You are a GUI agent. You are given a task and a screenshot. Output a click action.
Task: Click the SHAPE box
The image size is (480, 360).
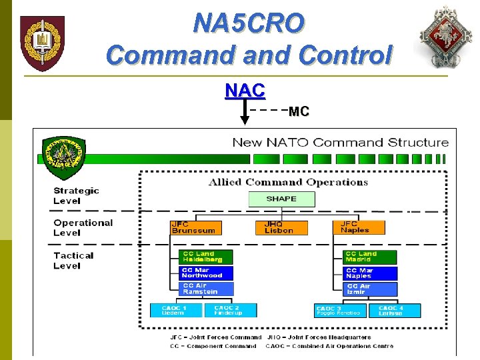(281, 199)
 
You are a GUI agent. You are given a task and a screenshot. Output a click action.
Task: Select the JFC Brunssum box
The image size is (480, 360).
(195, 227)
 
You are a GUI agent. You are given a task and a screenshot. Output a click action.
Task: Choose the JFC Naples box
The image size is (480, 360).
(359, 227)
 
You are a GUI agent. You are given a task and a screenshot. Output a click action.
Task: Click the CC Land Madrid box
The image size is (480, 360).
(370, 257)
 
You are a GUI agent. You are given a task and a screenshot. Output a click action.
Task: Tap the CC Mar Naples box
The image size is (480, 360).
(370, 273)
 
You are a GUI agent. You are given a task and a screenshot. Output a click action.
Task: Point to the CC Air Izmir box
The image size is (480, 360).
(370, 289)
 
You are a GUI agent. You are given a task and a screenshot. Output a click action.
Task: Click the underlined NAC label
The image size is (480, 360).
(245, 89)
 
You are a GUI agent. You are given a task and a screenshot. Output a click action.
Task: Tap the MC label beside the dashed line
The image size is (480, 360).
(299, 112)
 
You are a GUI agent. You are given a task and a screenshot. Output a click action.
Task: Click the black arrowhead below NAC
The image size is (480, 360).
(245, 120)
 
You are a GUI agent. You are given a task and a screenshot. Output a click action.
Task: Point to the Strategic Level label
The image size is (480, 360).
(76, 195)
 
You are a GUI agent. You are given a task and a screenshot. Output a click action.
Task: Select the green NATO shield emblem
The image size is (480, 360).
(63, 158)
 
